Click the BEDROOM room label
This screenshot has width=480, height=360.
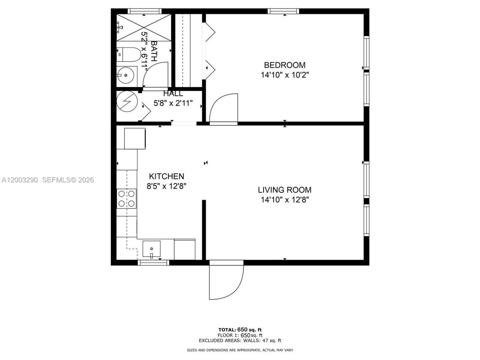point(285,65)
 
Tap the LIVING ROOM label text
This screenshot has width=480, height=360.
point(285,190)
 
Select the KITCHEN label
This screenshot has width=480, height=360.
point(166,176)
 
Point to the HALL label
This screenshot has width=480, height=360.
point(173,94)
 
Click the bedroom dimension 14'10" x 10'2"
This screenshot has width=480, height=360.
point(285,75)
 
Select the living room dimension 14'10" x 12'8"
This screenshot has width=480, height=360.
point(285,200)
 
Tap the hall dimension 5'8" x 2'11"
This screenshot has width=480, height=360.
point(173,103)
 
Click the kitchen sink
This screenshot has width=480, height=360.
point(151,249)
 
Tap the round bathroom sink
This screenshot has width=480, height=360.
point(126,75)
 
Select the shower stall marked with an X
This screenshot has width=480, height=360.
point(144,27)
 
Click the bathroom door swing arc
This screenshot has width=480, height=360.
point(155,75)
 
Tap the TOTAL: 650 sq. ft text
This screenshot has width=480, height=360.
point(240,330)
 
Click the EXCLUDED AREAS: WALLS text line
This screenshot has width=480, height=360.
point(240,340)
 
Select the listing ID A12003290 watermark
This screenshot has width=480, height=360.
point(20,180)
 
